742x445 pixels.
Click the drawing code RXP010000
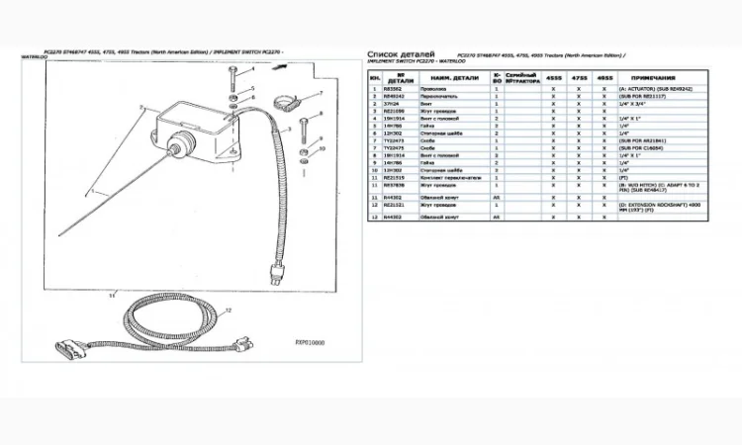click(x=310, y=343)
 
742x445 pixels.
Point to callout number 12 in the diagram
click(x=227, y=311)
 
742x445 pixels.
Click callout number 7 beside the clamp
click(x=322, y=93)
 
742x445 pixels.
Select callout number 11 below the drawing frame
click(x=113, y=294)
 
